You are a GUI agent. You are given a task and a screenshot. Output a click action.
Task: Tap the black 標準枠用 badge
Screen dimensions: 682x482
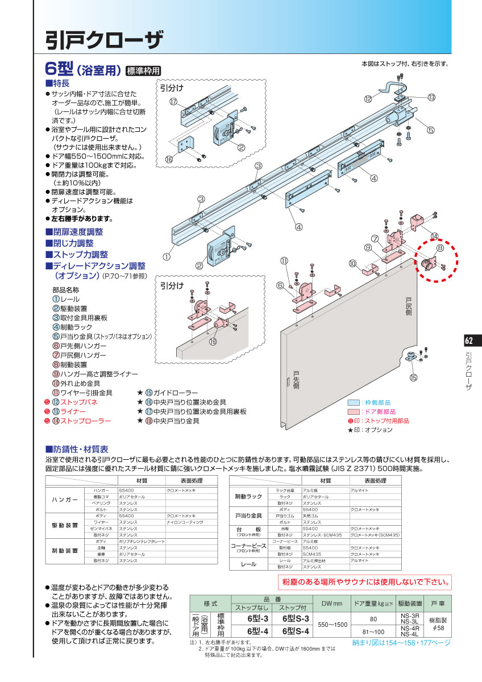click(143, 71)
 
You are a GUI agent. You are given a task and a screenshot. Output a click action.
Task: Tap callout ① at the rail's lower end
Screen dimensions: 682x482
click(167, 256)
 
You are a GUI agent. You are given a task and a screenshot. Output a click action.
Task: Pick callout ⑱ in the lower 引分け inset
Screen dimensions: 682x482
click(213, 342)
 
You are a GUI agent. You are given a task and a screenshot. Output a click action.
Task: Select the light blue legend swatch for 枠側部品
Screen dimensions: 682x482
click(353, 402)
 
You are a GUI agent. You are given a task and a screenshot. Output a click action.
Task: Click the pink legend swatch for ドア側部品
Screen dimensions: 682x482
click(353, 411)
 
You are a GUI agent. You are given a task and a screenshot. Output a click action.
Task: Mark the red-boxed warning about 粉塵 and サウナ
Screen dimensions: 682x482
click(364, 582)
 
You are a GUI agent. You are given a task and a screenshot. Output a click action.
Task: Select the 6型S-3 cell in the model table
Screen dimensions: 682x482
click(295, 618)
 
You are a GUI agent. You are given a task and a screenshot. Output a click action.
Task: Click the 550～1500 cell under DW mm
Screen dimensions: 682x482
click(333, 625)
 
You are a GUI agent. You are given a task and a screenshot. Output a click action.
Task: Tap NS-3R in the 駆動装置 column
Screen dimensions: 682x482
click(409, 616)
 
